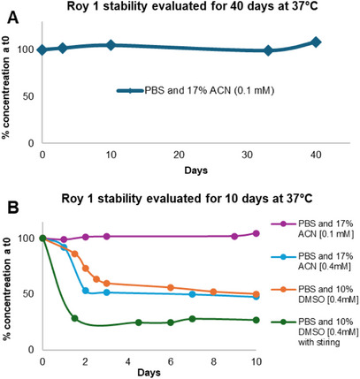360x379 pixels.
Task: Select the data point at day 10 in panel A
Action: [111, 45]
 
